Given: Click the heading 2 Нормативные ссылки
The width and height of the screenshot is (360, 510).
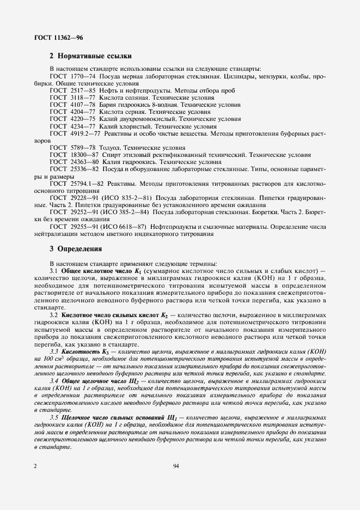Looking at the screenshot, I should point(90,56).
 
